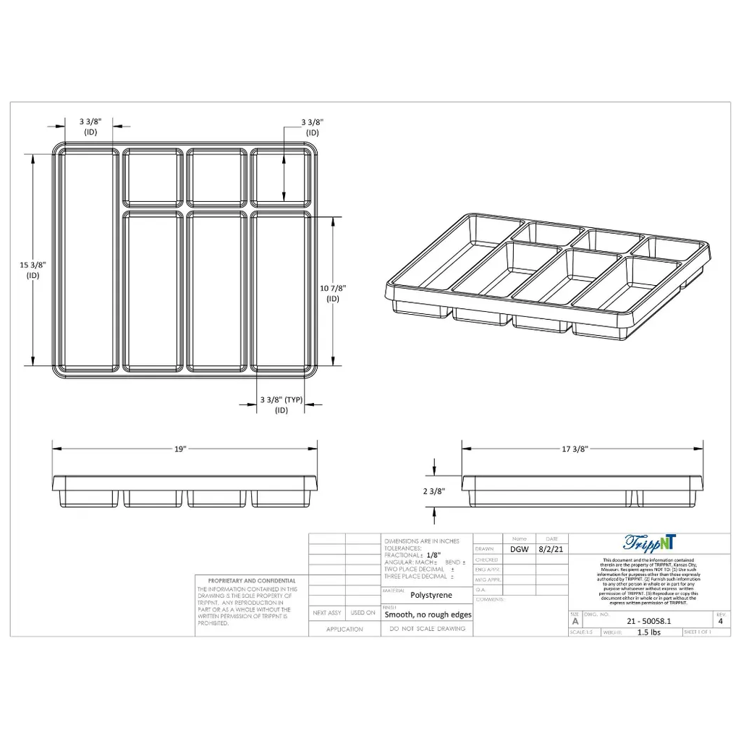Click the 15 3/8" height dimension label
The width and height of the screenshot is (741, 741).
point(33,269)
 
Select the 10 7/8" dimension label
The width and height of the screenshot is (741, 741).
point(333,292)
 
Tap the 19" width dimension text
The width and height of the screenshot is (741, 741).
point(180,449)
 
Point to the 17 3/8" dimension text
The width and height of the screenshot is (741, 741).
point(576,449)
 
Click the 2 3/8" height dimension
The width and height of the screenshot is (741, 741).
point(434,491)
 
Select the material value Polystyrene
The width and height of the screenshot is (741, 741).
point(431,596)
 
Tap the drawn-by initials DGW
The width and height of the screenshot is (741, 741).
point(519,549)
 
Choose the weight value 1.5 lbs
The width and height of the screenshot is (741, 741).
point(648,632)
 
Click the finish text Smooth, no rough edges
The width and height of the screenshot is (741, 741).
point(428,614)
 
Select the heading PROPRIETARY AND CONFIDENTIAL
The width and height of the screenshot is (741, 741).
point(252,580)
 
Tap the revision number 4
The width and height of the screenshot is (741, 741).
point(720,621)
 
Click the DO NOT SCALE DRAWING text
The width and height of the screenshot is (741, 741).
point(427,630)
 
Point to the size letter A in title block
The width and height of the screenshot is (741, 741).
point(575,621)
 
